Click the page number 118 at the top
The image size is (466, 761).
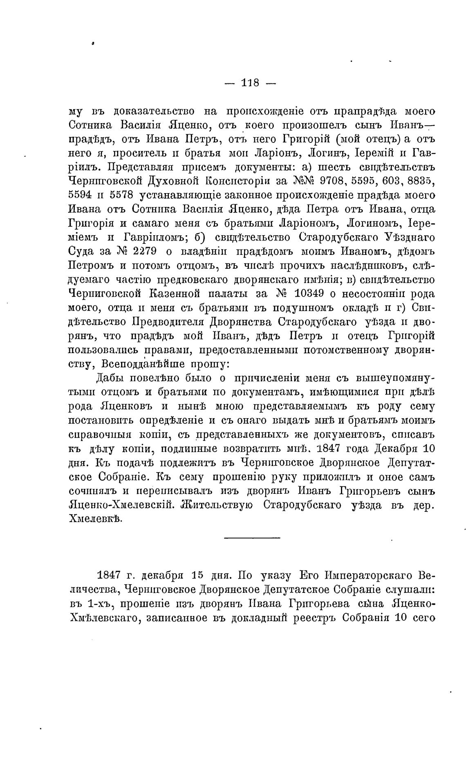click(x=251, y=83)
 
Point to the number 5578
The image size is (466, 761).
click(x=123, y=196)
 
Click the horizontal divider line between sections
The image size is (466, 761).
click(x=252, y=537)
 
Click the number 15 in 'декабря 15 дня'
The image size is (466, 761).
click(x=198, y=576)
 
